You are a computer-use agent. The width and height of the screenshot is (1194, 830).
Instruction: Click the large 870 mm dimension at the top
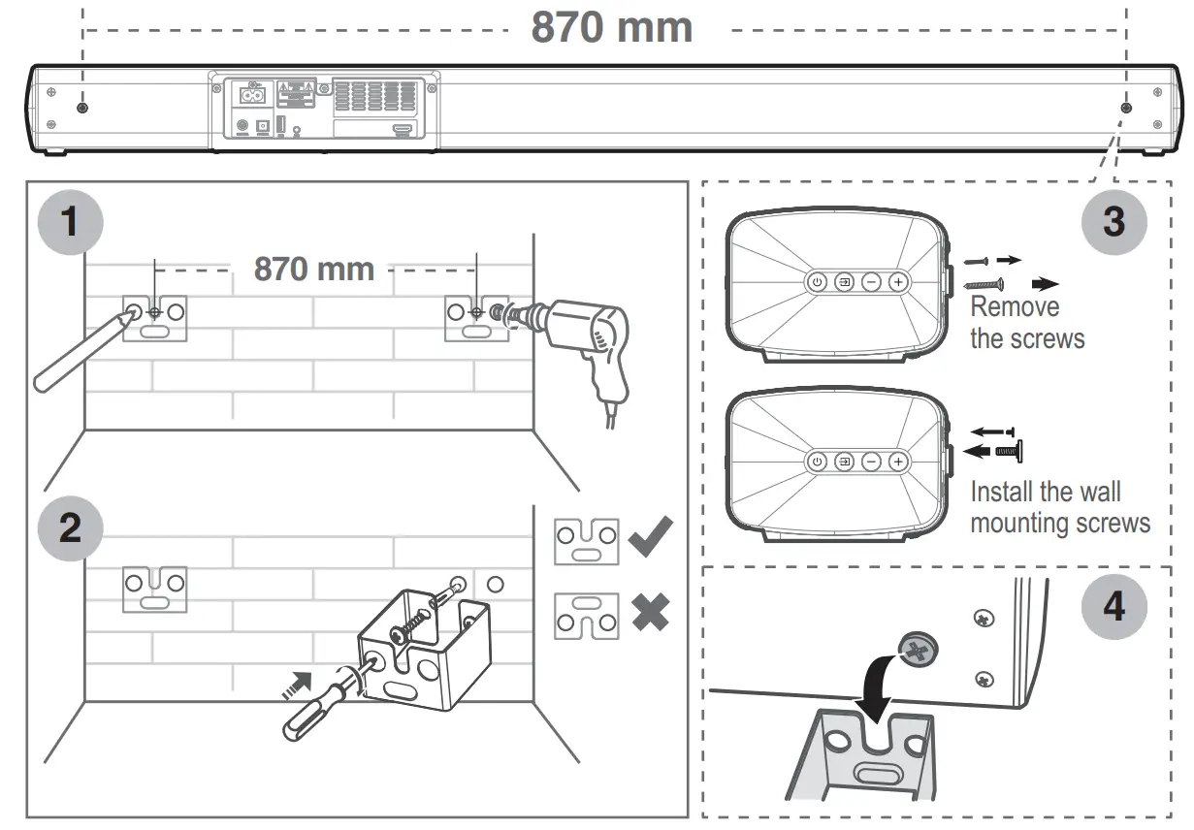point(611,27)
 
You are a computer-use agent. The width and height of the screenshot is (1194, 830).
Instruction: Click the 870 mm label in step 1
point(313,269)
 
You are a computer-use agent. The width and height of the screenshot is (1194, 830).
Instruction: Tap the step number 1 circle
point(69,222)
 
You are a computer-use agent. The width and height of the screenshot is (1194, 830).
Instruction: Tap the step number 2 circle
point(69,529)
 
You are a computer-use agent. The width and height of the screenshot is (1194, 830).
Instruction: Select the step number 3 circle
point(1113,220)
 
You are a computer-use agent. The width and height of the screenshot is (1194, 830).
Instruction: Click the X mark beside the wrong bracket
point(650,614)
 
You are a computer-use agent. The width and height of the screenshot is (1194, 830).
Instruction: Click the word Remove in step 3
point(1015,307)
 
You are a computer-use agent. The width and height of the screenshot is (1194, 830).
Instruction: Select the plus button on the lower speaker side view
point(898,462)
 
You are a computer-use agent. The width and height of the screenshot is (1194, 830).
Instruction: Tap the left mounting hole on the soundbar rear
point(83,107)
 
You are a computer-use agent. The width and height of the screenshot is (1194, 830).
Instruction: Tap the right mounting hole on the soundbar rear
point(1125,107)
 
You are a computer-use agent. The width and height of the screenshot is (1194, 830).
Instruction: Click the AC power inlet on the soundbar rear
point(252,95)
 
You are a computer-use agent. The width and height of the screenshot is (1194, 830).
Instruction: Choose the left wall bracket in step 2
point(154,589)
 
